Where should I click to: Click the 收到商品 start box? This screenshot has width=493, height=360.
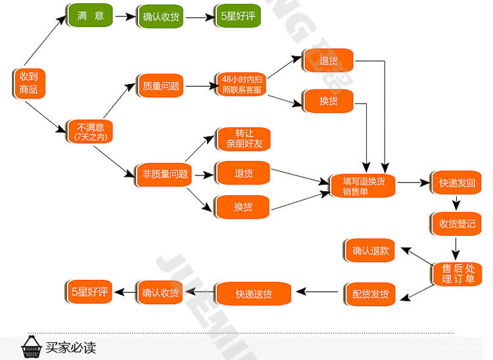(29, 83)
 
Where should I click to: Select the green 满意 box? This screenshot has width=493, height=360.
(90, 16)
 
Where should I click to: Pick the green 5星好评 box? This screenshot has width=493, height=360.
(238, 16)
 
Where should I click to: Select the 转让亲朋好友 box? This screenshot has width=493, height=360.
(243, 138)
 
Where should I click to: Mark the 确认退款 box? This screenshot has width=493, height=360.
(370, 250)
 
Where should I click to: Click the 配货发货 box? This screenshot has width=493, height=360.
(370, 294)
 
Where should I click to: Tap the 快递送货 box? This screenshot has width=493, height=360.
(253, 294)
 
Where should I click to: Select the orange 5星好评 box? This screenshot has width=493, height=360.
(89, 292)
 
